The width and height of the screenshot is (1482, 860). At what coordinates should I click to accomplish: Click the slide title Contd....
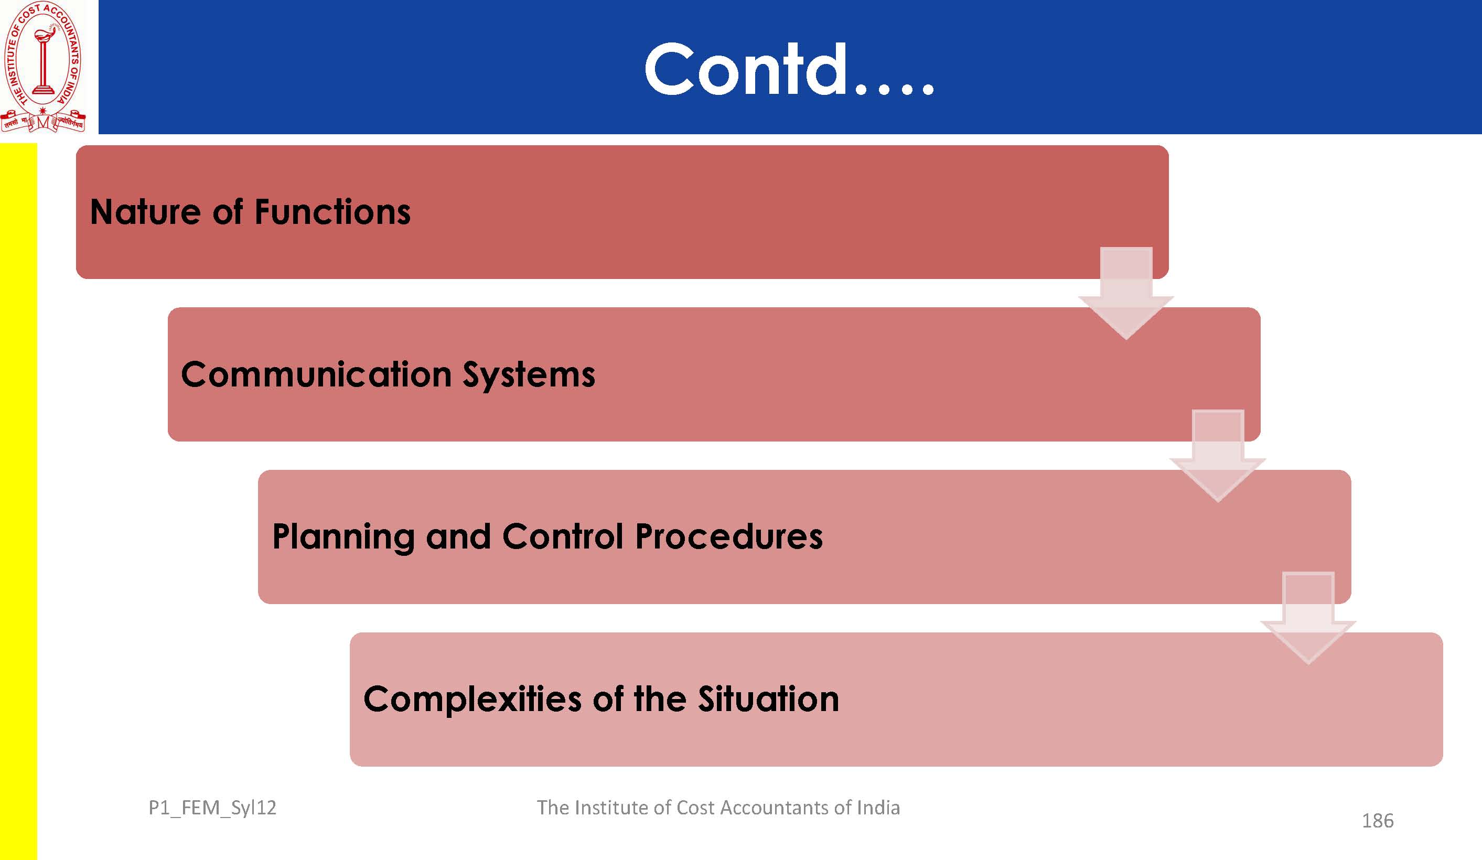[x=789, y=69]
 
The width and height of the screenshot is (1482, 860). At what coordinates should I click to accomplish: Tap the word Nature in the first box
[x=145, y=212]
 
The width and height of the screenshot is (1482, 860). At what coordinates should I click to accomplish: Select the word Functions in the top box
[x=332, y=212]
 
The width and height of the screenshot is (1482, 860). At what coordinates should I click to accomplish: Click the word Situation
[x=768, y=699]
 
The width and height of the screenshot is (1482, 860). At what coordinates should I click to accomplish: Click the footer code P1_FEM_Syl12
[x=212, y=808]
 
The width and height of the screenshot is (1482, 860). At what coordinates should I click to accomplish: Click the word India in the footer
[x=878, y=808]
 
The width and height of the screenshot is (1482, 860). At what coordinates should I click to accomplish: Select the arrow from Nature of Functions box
[x=1125, y=293]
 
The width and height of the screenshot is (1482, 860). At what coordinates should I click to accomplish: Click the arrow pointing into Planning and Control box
[x=1217, y=456]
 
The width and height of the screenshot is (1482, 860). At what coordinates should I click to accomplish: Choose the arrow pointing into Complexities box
[x=1308, y=618]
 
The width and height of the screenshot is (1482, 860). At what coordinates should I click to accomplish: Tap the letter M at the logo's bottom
[x=43, y=123]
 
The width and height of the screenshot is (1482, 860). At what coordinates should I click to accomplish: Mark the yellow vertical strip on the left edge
[x=18, y=502]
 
